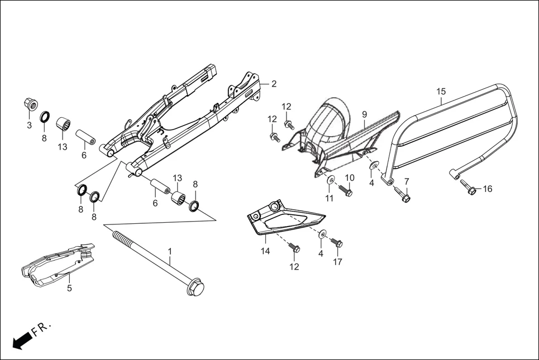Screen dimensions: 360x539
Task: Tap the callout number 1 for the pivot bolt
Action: point(170,253)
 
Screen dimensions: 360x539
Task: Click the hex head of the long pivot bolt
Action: point(196,289)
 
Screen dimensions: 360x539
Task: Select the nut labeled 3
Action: point(30,104)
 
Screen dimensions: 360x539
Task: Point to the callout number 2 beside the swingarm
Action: point(274,84)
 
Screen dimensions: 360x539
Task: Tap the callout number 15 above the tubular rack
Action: point(441,92)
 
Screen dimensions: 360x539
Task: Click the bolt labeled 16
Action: point(470,190)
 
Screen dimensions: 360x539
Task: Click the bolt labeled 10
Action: point(345,191)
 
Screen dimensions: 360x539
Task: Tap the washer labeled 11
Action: point(331,180)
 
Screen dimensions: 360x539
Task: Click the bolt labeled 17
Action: point(337,243)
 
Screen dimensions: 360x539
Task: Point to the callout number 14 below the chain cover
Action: point(265,251)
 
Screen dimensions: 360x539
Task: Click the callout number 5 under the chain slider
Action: point(69,289)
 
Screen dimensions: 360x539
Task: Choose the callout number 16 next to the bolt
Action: point(488,189)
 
